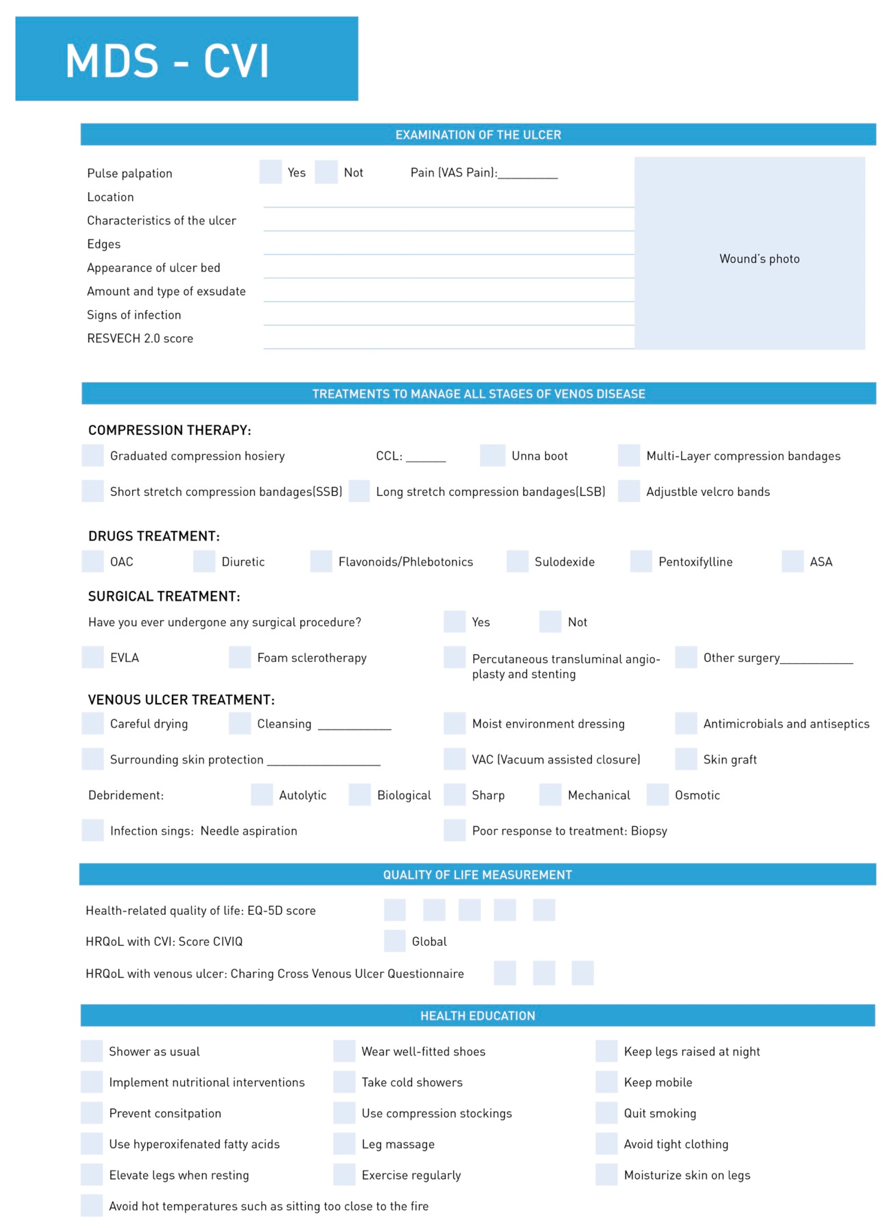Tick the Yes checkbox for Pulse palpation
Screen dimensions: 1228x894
(x=270, y=172)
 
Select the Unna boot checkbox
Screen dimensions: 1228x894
(x=492, y=455)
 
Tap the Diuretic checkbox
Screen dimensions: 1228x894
(x=204, y=562)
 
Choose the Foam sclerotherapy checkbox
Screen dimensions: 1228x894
(x=240, y=657)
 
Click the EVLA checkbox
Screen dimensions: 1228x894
(x=93, y=657)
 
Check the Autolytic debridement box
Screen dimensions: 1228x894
(x=261, y=795)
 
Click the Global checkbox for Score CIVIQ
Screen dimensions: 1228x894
(x=395, y=941)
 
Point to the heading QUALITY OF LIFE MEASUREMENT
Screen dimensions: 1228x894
(x=477, y=875)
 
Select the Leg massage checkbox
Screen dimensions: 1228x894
(x=344, y=1144)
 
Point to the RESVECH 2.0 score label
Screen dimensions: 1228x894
(x=140, y=338)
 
